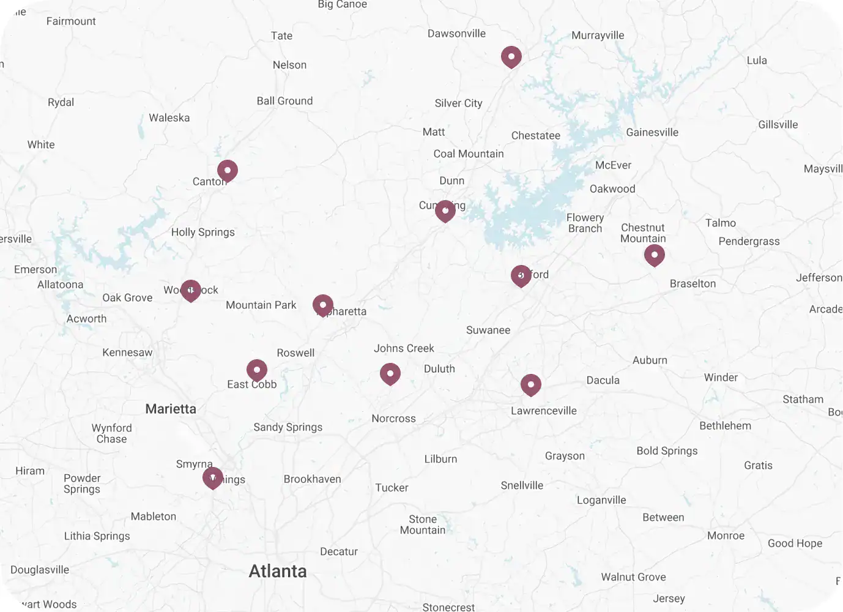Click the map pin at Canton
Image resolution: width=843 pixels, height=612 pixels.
228,171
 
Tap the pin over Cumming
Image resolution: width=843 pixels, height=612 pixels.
445,211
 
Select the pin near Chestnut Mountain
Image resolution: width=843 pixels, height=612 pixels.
655,255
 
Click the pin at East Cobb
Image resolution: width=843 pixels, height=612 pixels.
257,370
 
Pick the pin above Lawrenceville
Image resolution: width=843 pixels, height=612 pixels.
531,385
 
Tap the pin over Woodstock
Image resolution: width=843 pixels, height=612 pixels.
191,290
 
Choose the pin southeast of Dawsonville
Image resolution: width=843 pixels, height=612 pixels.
511,57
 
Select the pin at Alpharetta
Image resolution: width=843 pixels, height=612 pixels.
323,305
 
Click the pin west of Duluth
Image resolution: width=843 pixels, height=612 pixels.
390,373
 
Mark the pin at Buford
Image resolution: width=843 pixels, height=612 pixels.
521,275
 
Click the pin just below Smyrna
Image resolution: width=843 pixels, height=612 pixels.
213,477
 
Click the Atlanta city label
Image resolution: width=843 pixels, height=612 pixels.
278,571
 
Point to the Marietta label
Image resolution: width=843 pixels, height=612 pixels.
171,409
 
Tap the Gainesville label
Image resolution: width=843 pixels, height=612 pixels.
652,132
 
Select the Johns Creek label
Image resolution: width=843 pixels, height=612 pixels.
404,348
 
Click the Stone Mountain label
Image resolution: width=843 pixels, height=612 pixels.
423,524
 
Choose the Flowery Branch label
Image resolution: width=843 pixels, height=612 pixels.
585,223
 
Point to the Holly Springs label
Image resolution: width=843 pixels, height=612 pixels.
203,232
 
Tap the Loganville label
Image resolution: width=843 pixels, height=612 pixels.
601,500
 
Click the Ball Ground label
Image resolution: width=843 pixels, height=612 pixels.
284,101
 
